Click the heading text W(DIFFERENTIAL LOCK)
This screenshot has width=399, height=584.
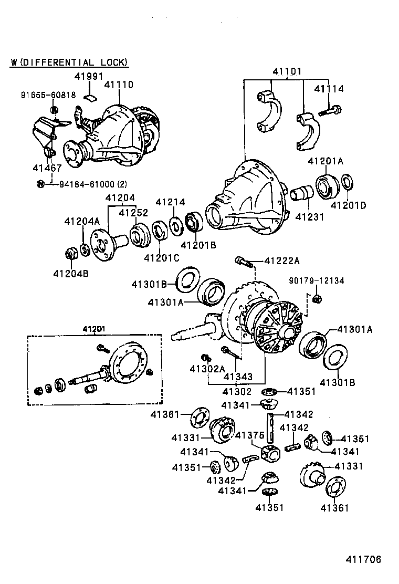(69, 62)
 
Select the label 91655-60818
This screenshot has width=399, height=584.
(48, 95)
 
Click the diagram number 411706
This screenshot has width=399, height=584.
(363, 559)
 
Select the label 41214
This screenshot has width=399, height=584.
(170, 202)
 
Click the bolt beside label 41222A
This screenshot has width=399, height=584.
(243, 260)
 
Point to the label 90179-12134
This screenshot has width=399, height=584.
(317, 281)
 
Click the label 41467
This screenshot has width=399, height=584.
(47, 168)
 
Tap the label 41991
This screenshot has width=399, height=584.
(88, 76)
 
